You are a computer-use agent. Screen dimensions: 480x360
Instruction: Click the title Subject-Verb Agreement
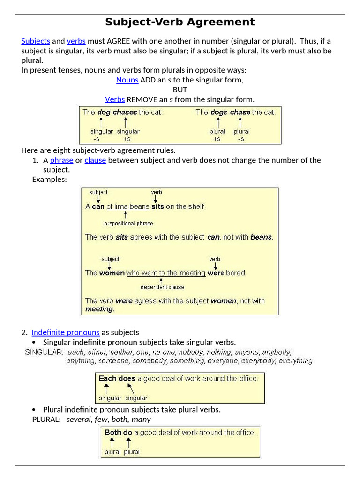click(x=180, y=22)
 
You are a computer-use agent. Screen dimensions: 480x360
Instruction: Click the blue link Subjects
click(x=36, y=41)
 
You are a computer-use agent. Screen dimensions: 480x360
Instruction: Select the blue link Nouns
click(x=127, y=80)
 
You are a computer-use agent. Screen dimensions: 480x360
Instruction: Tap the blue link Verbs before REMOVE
click(x=115, y=99)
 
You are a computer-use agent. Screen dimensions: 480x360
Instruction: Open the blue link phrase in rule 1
click(x=61, y=160)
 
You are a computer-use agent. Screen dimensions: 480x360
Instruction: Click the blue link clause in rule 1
click(x=95, y=160)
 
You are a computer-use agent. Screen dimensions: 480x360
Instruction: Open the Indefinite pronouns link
click(x=66, y=332)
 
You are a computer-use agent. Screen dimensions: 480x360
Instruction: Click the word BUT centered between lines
click(x=180, y=90)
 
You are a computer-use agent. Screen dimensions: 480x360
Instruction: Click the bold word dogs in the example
click(x=218, y=112)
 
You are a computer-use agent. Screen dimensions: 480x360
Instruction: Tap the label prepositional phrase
click(x=128, y=224)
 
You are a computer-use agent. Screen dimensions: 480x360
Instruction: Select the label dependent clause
click(x=162, y=287)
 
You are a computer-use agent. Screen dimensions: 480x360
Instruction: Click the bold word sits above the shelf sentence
click(x=157, y=206)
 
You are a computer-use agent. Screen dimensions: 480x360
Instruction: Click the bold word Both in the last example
click(x=113, y=432)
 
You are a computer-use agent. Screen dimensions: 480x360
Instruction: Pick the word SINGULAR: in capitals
click(x=44, y=352)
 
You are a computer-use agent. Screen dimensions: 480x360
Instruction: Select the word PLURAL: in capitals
click(x=46, y=419)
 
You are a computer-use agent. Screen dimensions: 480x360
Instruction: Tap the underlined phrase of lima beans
click(x=128, y=206)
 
